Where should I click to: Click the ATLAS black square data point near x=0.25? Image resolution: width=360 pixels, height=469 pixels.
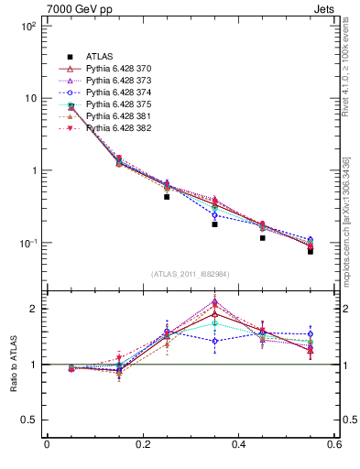tap(167, 197)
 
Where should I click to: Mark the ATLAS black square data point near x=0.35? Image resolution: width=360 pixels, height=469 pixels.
tap(214, 224)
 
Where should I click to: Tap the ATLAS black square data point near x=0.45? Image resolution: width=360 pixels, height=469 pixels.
tap(262, 238)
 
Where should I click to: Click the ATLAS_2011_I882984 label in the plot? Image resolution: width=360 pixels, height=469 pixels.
tap(190, 273)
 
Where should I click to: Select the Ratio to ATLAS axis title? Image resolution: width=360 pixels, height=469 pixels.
tap(14, 365)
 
